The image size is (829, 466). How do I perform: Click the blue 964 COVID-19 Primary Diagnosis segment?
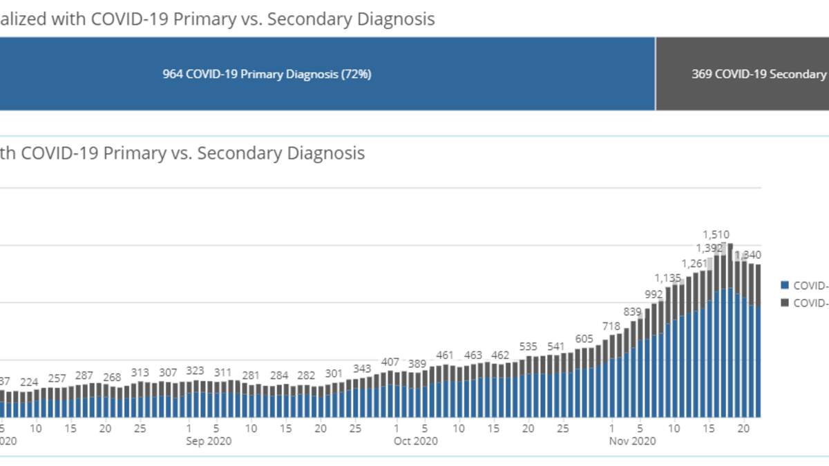(x=267, y=74)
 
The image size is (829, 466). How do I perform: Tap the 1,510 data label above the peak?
(x=716, y=235)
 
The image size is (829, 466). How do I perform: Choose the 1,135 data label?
(x=668, y=278)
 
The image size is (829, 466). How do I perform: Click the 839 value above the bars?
(x=632, y=312)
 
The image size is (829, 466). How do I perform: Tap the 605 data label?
(x=584, y=339)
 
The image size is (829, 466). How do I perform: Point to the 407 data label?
(x=390, y=362)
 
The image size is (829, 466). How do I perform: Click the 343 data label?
(x=362, y=369)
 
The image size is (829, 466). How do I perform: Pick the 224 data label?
(x=30, y=382)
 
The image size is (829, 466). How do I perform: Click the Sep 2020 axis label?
(x=209, y=441)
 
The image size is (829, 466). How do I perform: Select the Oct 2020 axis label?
(x=416, y=441)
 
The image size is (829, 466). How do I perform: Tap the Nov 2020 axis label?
(x=632, y=441)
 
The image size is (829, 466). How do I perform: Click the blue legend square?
(x=784, y=285)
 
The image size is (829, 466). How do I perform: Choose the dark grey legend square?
(x=784, y=302)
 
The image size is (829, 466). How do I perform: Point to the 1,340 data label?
(x=748, y=255)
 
